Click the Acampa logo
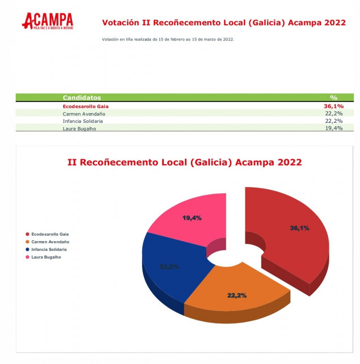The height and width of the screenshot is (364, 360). [47, 22]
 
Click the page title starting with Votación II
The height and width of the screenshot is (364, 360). [224, 23]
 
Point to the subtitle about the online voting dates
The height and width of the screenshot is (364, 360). [168, 39]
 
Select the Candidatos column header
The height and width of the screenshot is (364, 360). [82, 97]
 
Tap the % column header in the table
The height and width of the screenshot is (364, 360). [333, 97]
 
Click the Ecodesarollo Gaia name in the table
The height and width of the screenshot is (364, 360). [85, 105]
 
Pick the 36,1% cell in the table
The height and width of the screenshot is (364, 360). [333, 105]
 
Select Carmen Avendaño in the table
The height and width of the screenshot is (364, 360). [84, 113]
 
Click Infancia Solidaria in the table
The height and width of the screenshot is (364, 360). [82, 121]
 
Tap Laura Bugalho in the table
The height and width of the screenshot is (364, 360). [79, 128]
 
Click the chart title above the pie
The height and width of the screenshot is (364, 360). [184, 162]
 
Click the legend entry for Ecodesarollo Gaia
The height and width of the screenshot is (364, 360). [50, 233]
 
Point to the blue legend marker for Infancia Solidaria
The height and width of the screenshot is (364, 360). [27, 249]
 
